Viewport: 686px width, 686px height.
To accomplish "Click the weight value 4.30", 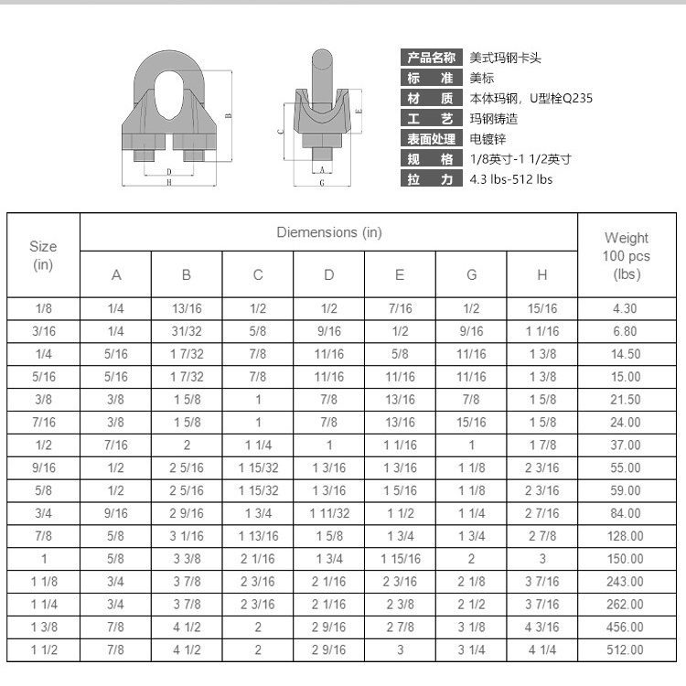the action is [625, 308].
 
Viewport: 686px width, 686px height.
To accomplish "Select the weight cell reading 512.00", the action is [625, 649].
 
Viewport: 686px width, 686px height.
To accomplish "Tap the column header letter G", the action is [471, 274].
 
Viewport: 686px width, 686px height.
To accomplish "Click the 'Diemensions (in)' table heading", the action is [329, 232].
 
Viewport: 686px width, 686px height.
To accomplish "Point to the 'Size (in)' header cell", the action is [43, 255].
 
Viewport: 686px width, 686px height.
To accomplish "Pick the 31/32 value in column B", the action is [187, 331].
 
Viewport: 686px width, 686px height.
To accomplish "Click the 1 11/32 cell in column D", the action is [329, 513].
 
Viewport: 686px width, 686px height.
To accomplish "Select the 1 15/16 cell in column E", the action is [401, 559].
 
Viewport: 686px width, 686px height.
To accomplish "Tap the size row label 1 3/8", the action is [44, 627].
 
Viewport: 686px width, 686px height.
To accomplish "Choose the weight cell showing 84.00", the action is [625, 513].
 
